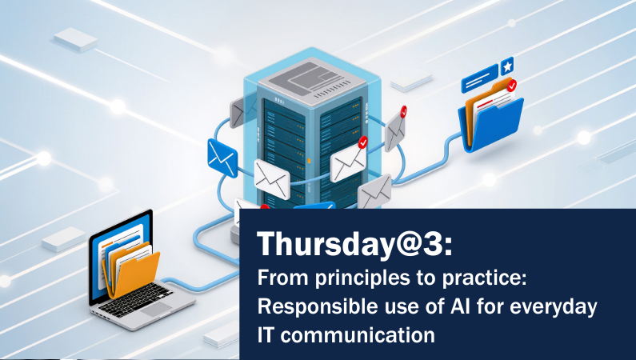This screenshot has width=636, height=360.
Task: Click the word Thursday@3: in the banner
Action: pos(354,245)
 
